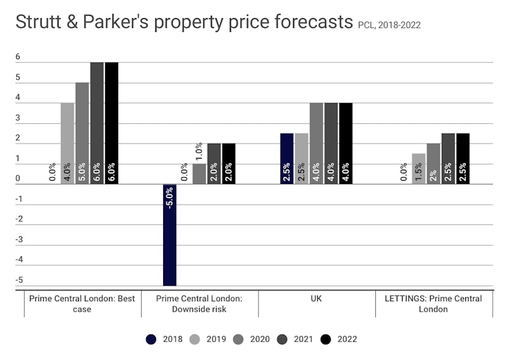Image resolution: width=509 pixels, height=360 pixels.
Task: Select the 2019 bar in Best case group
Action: [67, 143]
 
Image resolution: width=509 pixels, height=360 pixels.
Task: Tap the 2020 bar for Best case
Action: [82, 133]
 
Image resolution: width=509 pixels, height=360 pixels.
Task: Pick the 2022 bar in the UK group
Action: [345, 143]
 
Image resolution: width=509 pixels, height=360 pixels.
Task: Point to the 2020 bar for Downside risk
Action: [199, 173]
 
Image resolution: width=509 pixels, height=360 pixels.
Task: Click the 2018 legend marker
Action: [152, 339]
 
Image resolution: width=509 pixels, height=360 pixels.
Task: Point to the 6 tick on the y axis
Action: [18, 57]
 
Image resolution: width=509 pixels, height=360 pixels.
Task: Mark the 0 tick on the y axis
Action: [18, 179]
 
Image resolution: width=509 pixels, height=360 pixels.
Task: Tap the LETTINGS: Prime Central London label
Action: [433, 304]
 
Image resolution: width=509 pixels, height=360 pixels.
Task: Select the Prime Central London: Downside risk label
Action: [200, 304]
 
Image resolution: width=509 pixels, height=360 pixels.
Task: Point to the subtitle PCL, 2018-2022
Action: [390, 25]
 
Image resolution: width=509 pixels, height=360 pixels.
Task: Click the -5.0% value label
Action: [170, 198]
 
